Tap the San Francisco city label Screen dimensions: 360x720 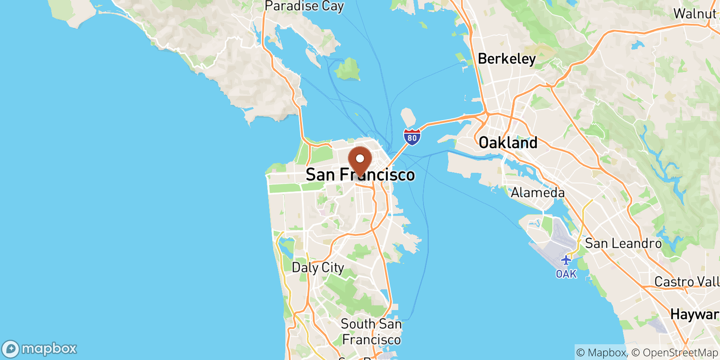(360, 175)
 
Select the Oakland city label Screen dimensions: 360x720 (508, 143)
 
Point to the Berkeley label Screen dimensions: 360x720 (507, 58)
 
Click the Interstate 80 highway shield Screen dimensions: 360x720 (412, 137)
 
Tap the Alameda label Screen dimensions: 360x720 (537, 193)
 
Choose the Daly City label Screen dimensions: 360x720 (318, 267)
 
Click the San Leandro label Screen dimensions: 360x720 (623, 243)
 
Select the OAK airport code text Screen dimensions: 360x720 (566, 274)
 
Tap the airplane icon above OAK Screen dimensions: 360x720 (566, 260)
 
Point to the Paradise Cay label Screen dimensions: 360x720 (304, 6)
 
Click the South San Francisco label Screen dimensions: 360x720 (371, 331)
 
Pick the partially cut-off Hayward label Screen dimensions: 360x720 (694, 314)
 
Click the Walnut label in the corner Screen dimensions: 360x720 (694, 13)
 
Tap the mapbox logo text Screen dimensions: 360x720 (49, 349)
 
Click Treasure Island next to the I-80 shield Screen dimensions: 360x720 (408, 117)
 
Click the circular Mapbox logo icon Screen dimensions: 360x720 (10, 349)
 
